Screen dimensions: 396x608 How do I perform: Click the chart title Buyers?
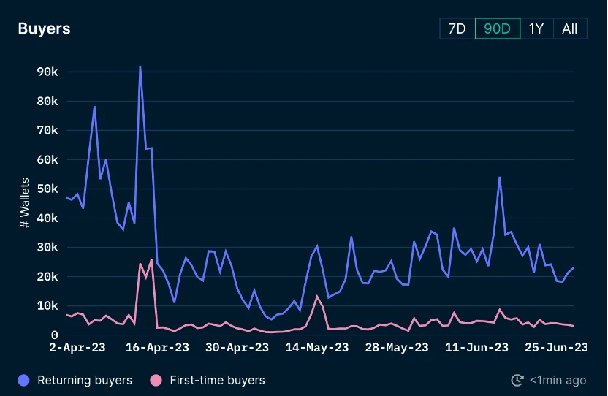44,28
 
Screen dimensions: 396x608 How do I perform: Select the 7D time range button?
457,28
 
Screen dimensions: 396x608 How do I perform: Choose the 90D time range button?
498,28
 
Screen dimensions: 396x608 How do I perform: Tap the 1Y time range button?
536,28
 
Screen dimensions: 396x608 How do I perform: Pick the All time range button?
570,28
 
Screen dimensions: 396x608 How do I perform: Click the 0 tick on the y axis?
54,335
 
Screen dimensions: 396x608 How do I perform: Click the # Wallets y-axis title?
26,203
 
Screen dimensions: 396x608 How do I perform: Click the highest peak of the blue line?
140,66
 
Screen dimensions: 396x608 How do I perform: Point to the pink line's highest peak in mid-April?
151,259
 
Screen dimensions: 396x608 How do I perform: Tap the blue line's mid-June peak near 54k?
499,177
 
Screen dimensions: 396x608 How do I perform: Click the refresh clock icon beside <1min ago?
518,380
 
